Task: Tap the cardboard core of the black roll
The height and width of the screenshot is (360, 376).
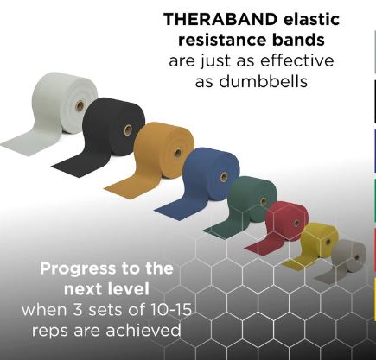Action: click(x=128, y=129)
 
